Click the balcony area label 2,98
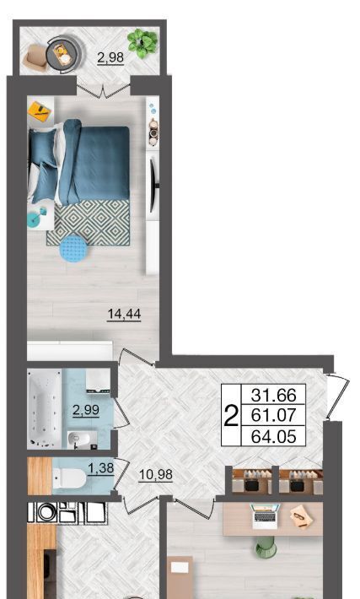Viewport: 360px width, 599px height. click(x=110, y=57)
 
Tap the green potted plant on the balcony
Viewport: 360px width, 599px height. click(x=142, y=43)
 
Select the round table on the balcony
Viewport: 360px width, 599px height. click(x=62, y=54)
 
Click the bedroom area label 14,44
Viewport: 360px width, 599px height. click(x=124, y=314)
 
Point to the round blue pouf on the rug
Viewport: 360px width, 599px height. click(x=73, y=248)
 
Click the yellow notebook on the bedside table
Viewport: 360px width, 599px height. click(x=40, y=111)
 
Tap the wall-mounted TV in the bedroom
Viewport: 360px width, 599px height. click(x=153, y=186)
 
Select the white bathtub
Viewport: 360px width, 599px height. click(x=45, y=408)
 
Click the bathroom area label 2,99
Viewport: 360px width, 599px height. click(x=86, y=410)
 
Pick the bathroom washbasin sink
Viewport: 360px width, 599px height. click(x=79, y=440)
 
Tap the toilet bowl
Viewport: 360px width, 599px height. click(x=69, y=478)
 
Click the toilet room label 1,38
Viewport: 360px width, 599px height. click(x=101, y=468)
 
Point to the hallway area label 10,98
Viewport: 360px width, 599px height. click(x=155, y=475)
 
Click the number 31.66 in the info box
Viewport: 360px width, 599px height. click(x=273, y=396)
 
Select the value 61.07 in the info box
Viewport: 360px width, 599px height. click(x=273, y=415)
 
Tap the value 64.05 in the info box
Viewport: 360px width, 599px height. click(x=273, y=436)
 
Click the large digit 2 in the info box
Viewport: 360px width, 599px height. click(x=231, y=416)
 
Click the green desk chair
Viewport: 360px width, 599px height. click(x=266, y=547)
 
